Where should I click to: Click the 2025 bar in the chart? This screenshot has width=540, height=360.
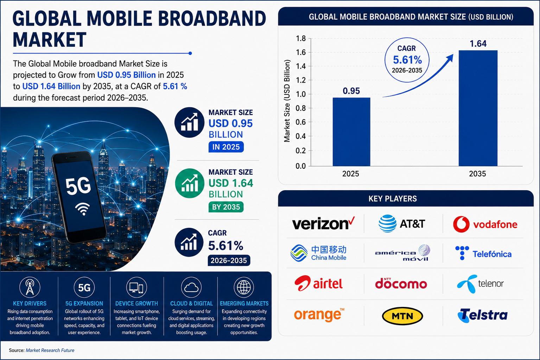pyautogui.click(x=351, y=132)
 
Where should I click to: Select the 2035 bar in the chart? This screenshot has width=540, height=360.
pyautogui.click(x=478, y=108)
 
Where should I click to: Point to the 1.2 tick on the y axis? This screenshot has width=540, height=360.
pyautogui.click(x=301, y=80)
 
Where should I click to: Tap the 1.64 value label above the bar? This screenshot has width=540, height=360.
pyautogui.click(x=478, y=44)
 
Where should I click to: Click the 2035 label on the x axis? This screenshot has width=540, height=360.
pyautogui.click(x=477, y=174)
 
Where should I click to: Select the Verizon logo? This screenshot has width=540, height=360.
pyautogui.click(x=323, y=223)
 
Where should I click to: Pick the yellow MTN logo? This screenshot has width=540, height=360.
pyautogui.click(x=402, y=316)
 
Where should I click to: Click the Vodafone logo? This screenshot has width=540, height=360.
pyautogui.click(x=485, y=224)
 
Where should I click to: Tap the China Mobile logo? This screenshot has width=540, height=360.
pyautogui.click(x=318, y=253)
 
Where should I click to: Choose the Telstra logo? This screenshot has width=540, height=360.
pyautogui.click(x=482, y=315)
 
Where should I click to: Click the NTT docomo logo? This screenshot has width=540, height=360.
pyautogui.click(x=401, y=283)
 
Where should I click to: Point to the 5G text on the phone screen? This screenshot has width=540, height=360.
pyautogui.click(x=78, y=186)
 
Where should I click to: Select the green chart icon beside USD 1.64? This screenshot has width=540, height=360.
pyautogui.click(x=190, y=184)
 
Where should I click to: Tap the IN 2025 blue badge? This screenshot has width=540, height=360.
pyautogui.click(x=226, y=147)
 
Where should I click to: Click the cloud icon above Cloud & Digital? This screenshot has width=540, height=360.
pyautogui.click(x=191, y=287)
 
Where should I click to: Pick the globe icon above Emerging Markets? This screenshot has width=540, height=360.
pyautogui.click(x=244, y=287)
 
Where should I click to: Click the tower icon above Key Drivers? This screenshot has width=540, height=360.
pyautogui.click(x=30, y=287)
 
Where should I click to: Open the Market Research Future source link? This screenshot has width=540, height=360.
pyautogui.click(x=50, y=350)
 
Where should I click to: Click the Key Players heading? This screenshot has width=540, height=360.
pyautogui.click(x=393, y=199)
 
